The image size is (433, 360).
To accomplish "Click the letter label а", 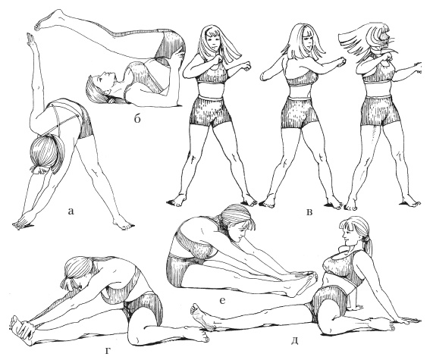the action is click(71, 211).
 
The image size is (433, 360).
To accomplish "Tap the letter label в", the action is click(310, 211).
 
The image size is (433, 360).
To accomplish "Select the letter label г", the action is click(108, 351).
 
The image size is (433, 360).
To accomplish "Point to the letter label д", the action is click(295, 341).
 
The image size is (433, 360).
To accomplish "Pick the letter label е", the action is click(223, 301).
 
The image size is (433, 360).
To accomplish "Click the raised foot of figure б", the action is click(49, 19).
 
